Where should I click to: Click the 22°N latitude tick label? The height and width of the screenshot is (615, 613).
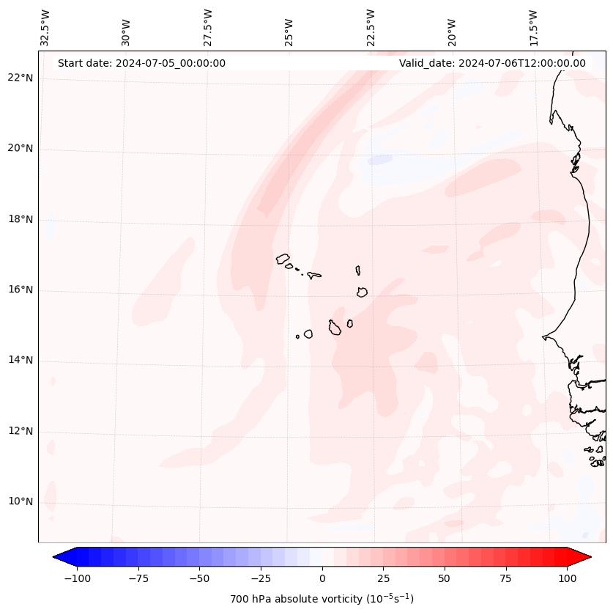coord(21,78)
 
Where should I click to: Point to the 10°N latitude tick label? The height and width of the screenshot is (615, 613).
coord(21,502)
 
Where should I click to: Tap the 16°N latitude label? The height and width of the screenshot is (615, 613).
coord(21,290)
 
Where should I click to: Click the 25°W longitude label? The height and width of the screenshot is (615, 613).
coord(289,30)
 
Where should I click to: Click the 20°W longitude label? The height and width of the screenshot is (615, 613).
coord(452,30)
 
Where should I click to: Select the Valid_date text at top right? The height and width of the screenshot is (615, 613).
coord(492,63)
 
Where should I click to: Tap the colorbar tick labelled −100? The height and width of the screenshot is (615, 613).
coord(77,578)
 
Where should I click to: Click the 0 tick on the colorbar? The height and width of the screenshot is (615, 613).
coord(322,578)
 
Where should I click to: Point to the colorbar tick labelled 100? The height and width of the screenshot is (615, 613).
coord(567,578)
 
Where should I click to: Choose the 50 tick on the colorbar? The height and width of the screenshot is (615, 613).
coord(445,578)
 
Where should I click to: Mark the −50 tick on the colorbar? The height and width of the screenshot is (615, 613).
coord(199,578)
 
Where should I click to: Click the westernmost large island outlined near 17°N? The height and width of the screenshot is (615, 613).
coord(283,259)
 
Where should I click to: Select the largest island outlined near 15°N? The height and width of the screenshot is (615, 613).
coord(335,327)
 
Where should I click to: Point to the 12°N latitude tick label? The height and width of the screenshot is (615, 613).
coord(21,432)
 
